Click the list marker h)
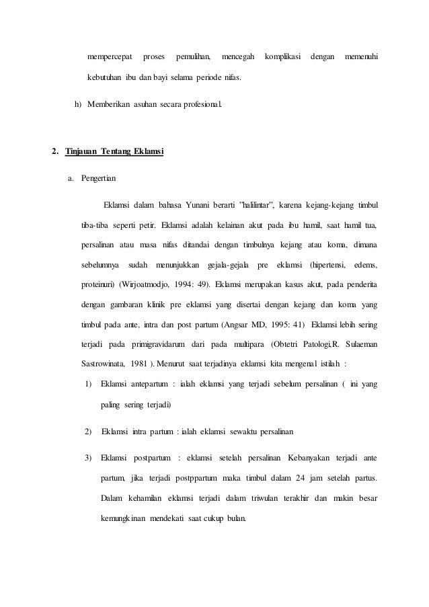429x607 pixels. (x=78, y=107)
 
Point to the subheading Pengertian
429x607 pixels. (x=98, y=179)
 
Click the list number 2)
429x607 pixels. (x=88, y=431)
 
